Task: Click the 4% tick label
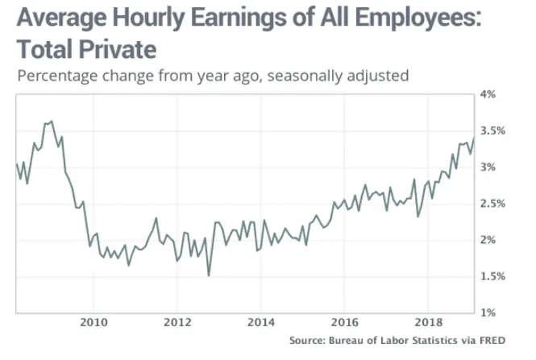pyautogui.click(x=493, y=94)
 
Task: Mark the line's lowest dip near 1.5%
pyautogui.click(x=209, y=276)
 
